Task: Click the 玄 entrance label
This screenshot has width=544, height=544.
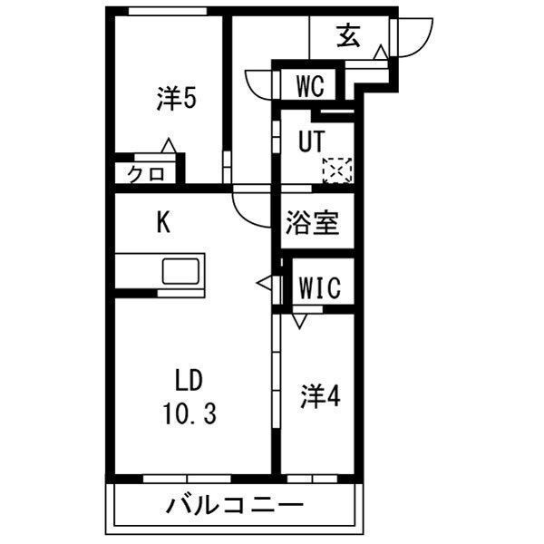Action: point(348,35)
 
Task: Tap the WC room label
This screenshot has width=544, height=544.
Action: point(311,86)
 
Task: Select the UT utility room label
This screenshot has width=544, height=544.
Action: point(312,141)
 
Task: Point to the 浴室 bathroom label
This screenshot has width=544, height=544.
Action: point(312,223)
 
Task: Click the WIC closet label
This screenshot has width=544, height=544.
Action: point(320,288)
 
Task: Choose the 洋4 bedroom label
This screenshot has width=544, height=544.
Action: point(320,396)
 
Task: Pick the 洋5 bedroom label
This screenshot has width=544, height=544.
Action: point(177,99)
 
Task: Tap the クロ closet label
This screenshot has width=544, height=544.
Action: point(146,174)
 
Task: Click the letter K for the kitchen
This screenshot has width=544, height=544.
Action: point(163,223)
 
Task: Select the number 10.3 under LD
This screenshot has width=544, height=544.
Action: point(189,414)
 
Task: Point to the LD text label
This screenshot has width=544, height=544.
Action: point(189,381)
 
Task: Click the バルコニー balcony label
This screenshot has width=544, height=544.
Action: point(235,506)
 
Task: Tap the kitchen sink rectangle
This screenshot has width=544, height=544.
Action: point(181,271)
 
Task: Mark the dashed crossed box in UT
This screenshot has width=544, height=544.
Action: point(337,170)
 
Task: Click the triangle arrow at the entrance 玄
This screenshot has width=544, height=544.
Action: point(382,52)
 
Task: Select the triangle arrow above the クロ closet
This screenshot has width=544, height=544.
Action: point(169,145)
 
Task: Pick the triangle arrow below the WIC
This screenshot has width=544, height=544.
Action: point(300,321)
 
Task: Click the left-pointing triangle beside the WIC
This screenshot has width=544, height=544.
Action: point(264,283)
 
